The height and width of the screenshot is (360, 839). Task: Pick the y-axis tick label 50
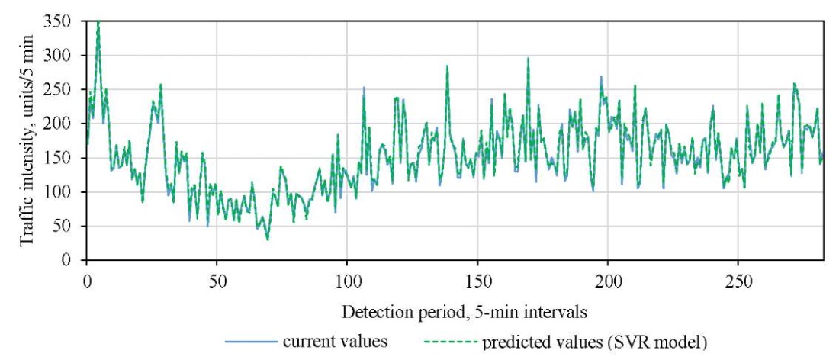click(x=66, y=227)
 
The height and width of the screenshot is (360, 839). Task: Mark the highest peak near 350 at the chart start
click(x=98, y=23)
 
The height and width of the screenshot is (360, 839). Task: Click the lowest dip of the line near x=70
click(x=267, y=239)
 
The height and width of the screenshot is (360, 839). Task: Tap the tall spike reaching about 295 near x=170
click(x=528, y=59)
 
